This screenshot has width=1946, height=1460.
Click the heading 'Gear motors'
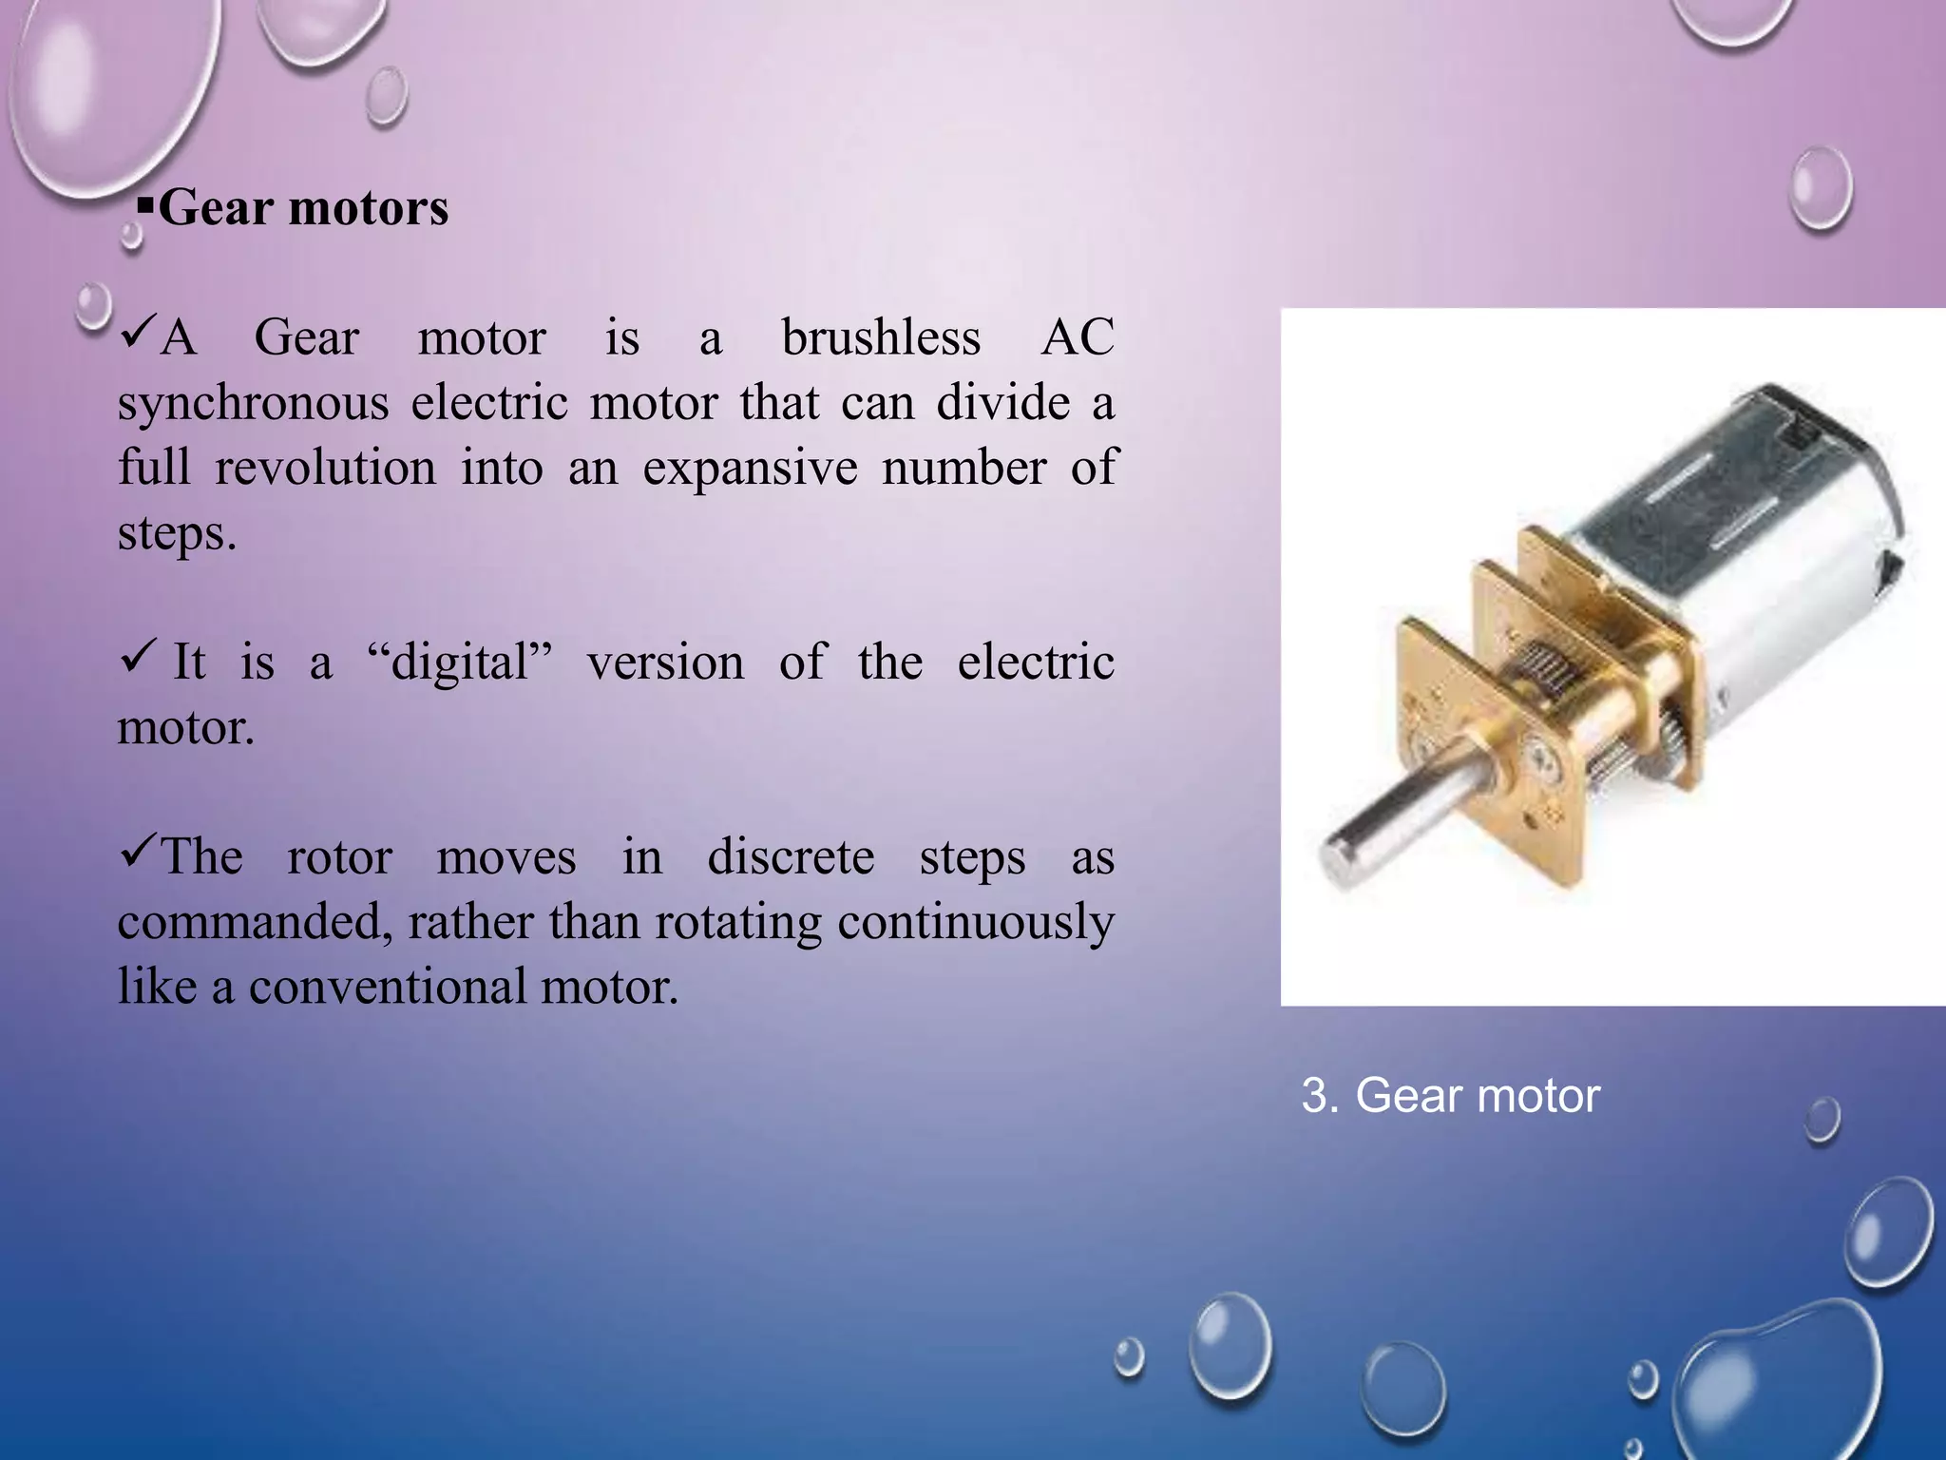(x=302, y=208)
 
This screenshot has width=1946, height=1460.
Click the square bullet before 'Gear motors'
(x=144, y=205)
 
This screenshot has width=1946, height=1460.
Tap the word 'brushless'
(x=881, y=338)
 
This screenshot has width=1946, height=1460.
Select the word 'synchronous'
(x=253, y=403)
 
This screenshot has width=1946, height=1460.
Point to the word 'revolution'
(x=325, y=468)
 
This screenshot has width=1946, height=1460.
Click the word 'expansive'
(x=750, y=468)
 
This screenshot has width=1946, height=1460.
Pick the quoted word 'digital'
(x=460, y=663)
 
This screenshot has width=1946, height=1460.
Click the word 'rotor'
(x=339, y=857)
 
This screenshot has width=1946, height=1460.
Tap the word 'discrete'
(x=791, y=857)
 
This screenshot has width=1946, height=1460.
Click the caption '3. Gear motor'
(x=1450, y=1095)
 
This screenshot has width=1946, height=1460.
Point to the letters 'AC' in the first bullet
(x=1077, y=338)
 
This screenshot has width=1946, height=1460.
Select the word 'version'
(x=665, y=663)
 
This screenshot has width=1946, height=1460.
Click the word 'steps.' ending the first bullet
(x=177, y=532)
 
